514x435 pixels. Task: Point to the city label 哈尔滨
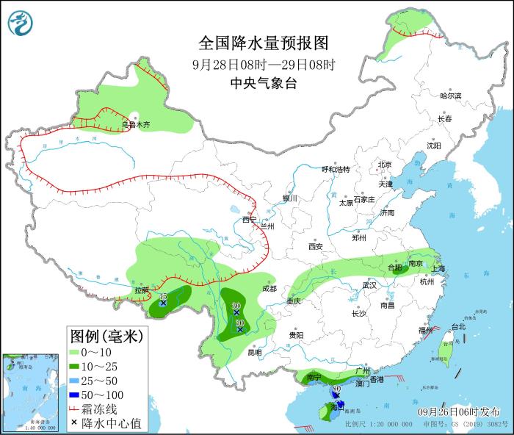coord(450,96)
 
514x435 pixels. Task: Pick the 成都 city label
coord(269,289)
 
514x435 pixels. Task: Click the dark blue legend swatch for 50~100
coord(77,395)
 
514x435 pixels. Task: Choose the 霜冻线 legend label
coord(106,409)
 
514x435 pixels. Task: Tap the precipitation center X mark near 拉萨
coord(163,303)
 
